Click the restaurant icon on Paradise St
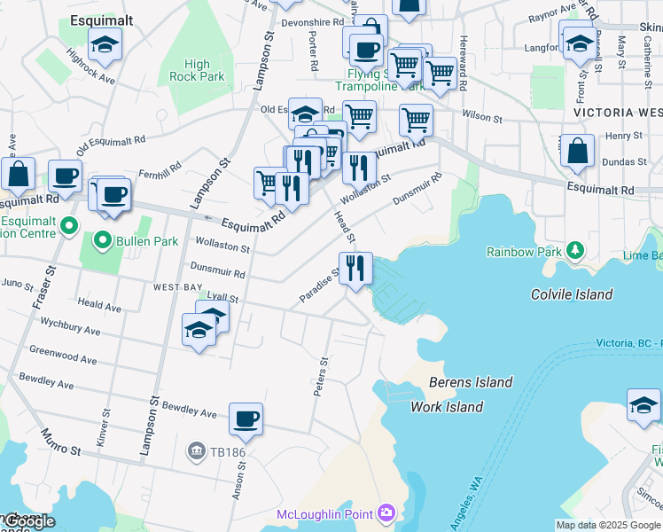pos(355,268)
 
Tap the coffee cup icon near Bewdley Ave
pos(246,419)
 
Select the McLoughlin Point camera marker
pos(386,513)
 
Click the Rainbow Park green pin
pos(575,252)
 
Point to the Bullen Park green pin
pos(104,240)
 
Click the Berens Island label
pos(470,382)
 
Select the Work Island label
pos(447,407)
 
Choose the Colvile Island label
pos(571,294)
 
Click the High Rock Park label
pos(198,70)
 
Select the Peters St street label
pos(322,376)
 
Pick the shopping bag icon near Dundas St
pos(577,152)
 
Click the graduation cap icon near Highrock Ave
pos(105,45)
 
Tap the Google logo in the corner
pos(28,522)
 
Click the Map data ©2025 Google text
pos(608,525)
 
